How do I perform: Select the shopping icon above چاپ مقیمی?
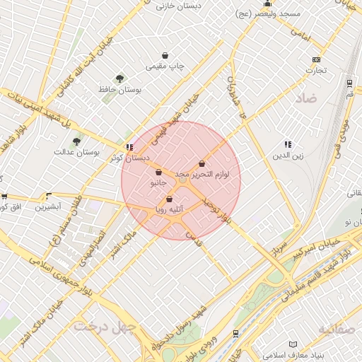(165, 54)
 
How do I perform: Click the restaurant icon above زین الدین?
(287, 144)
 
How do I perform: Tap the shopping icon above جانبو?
(158, 172)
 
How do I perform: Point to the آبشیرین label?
(49, 207)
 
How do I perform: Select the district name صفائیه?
(334, 329)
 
